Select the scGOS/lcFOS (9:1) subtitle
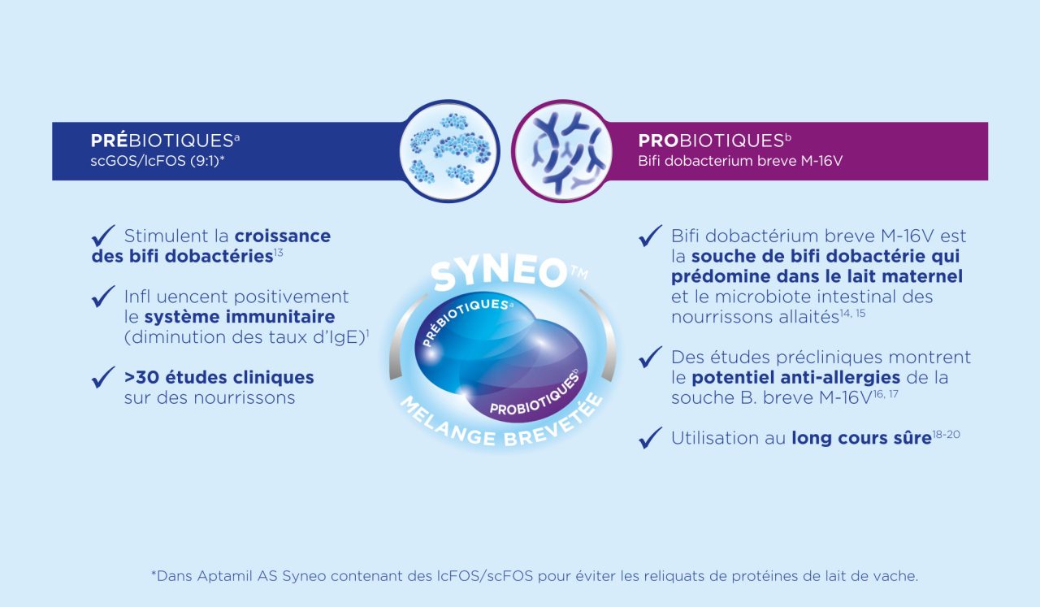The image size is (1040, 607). coord(158,161)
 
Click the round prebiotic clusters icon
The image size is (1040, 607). coord(449,151)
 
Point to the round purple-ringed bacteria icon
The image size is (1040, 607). coord(562,151)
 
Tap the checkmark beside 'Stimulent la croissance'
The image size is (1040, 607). coord(103,236)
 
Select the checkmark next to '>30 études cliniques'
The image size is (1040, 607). coord(103,377)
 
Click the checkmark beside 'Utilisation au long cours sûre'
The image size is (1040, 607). coord(651,437)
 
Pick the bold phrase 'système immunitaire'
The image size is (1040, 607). coord(240,317)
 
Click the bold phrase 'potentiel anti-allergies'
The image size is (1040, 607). coord(795,378)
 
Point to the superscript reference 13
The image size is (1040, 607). coord(278,252)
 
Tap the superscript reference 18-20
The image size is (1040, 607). coord(946,434)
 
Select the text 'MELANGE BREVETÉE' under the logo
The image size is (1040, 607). coord(501,425)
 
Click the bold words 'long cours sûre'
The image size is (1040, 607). coord(861,438)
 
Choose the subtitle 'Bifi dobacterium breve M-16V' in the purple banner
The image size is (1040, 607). coord(740,161)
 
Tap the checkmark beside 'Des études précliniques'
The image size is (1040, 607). coord(651,357)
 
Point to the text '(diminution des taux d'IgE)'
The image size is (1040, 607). coord(245,337)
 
